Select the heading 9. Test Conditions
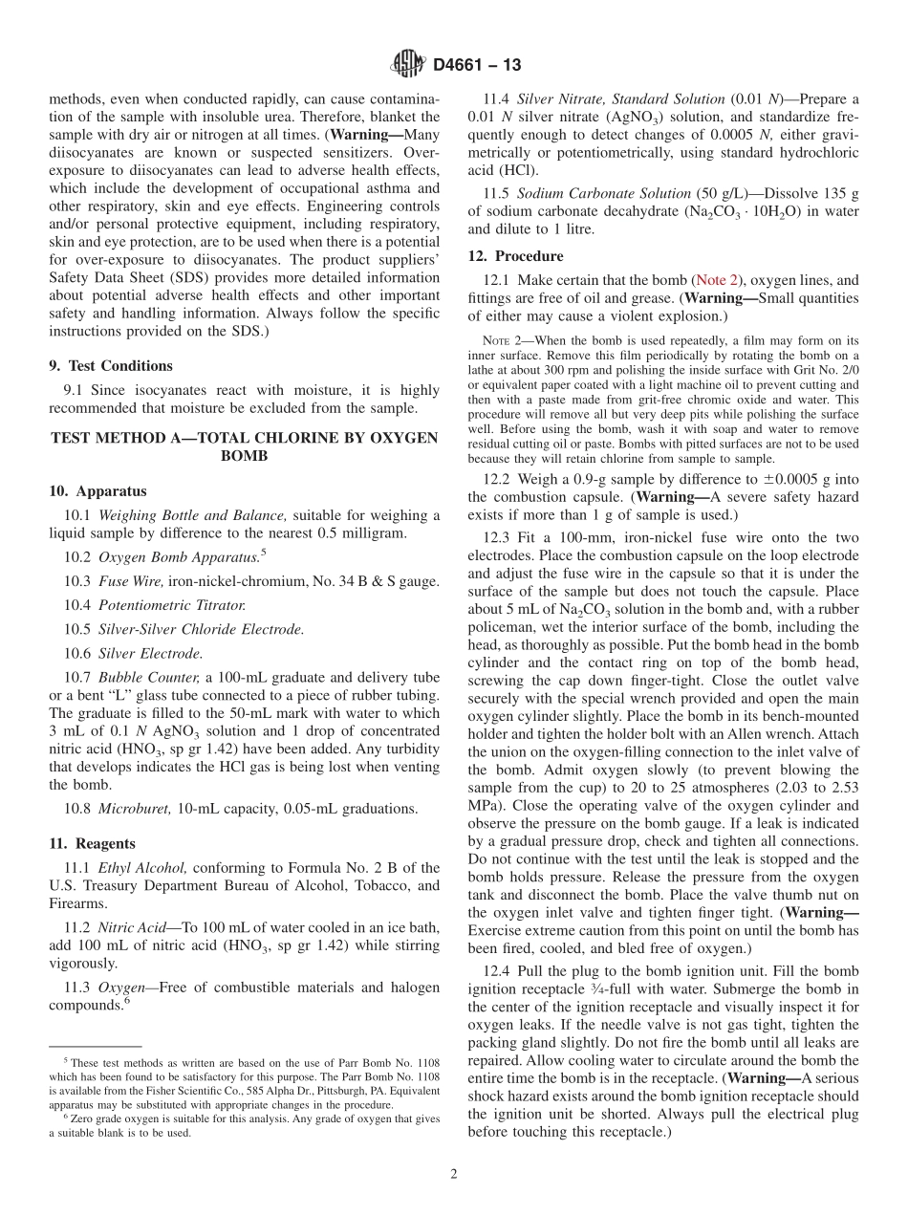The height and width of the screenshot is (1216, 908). click(111, 365)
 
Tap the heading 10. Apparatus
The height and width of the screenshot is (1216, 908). click(97, 491)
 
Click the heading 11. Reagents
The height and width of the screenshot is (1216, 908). click(93, 843)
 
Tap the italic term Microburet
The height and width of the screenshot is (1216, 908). click(137, 808)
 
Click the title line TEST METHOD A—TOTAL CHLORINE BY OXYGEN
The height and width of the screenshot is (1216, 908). click(244, 438)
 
